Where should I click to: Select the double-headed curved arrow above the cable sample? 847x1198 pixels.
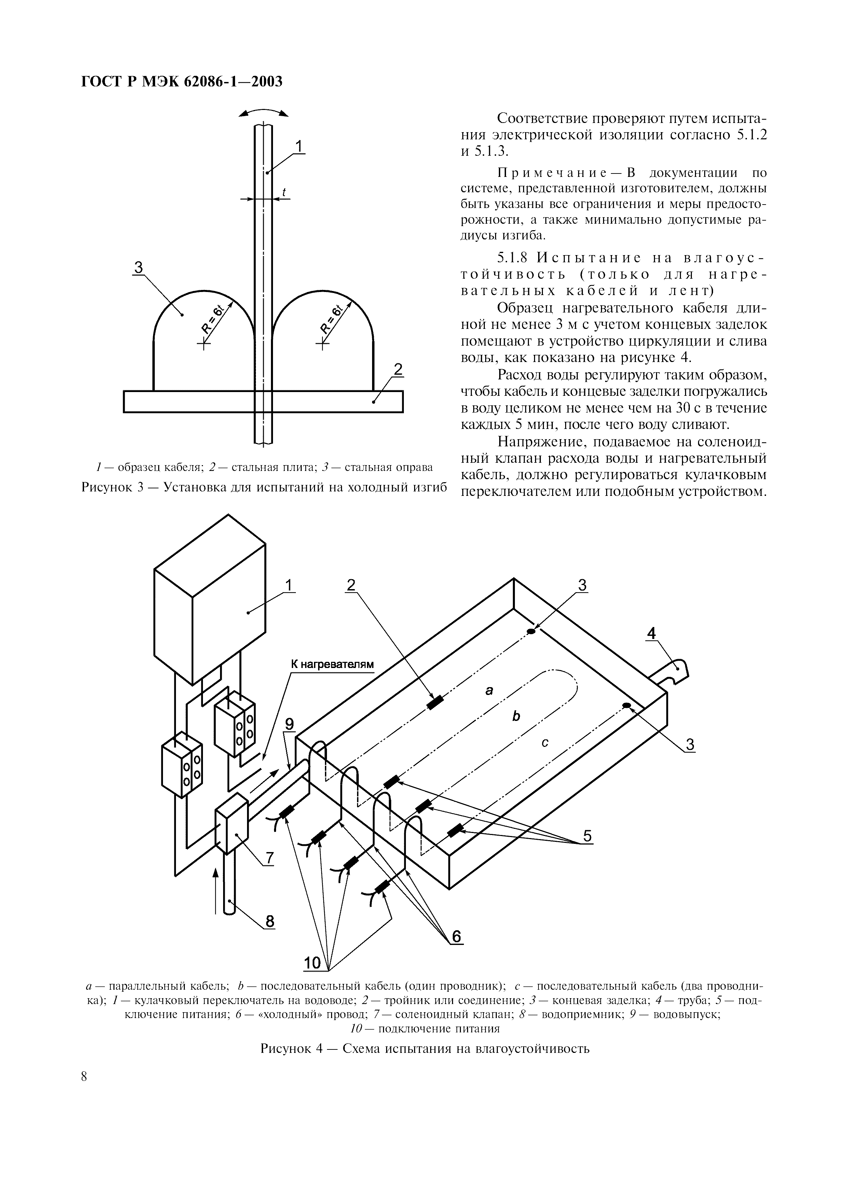click(263, 113)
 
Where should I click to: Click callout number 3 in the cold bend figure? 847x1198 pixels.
click(138, 268)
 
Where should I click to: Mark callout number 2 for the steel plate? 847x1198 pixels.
click(398, 370)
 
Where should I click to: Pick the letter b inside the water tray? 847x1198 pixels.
click(516, 717)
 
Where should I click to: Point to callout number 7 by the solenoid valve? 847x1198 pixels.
click(269, 857)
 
